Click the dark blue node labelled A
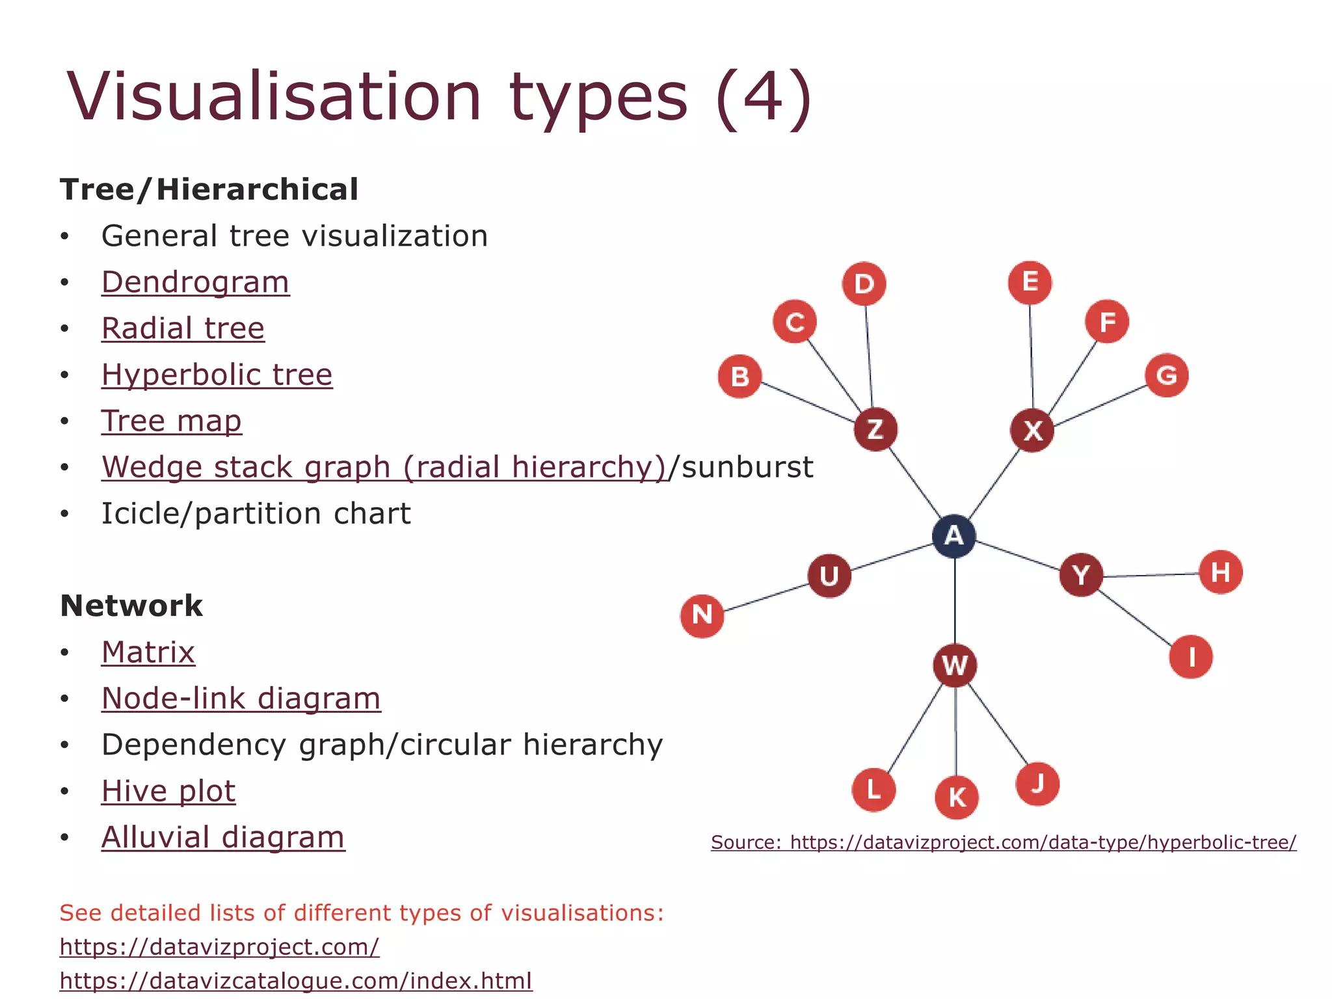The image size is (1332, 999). [x=953, y=536]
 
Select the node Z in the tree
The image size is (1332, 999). [x=875, y=429]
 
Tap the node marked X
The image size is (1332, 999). [x=1032, y=430]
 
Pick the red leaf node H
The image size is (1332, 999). [x=1220, y=572]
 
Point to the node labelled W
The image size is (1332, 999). [x=955, y=665]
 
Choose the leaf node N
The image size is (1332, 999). [x=702, y=615]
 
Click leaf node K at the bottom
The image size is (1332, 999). [x=957, y=797]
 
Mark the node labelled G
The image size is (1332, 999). [x=1167, y=375]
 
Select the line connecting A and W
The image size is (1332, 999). [x=955, y=602]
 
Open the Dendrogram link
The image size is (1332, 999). [x=195, y=282]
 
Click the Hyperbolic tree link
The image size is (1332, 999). [x=217, y=375]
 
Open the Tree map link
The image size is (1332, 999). [x=171, y=421]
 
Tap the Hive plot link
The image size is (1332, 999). [x=168, y=791]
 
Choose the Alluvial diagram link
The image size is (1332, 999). [x=223, y=837]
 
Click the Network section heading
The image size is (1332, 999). [x=131, y=606]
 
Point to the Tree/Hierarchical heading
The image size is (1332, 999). [x=209, y=189]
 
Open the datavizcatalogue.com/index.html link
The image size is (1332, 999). [x=296, y=980]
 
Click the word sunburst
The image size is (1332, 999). [x=747, y=467]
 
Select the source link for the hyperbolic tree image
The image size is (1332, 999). [x=1004, y=842]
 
